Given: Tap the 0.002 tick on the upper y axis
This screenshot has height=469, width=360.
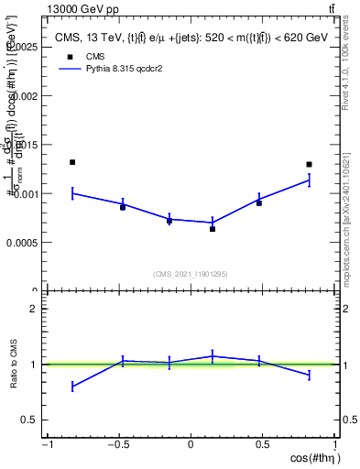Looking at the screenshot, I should click(x=26, y=95).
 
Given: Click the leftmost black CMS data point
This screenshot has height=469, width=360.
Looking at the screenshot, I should click(x=72, y=162).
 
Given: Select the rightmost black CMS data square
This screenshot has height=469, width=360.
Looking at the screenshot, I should click(x=310, y=165).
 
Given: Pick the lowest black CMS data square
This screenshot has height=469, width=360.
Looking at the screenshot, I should click(x=213, y=229).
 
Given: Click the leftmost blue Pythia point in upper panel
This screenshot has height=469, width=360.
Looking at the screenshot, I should click(x=72, y=193).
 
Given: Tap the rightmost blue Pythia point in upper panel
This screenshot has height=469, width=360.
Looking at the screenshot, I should click(x=310, y=180).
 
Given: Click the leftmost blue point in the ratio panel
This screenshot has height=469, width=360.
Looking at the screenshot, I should click(x=72, y=387).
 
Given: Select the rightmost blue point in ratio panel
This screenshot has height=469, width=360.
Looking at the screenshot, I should click(x=310, y=376).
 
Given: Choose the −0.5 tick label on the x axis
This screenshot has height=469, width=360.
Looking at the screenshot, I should click(x=118, y=444).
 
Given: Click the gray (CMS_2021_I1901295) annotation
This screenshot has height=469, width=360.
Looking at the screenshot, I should click(x=191, y=274).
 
